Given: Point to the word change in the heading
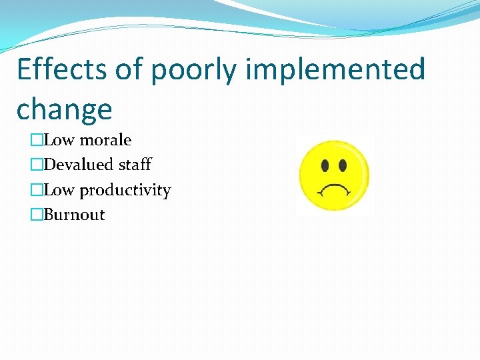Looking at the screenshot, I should tap(64, 109).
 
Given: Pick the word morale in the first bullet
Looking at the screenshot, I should tap(105, 140).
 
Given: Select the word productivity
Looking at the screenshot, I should tap(125, 191).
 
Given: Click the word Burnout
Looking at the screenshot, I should tap(74, 215).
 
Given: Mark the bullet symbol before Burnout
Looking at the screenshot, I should tap(36, 215).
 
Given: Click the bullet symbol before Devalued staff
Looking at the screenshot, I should tap(36, 165).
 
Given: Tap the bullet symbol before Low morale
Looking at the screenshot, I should tap(36, 140).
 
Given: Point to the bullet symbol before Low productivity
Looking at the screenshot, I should tap(36, 191).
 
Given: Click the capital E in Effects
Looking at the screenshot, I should tap(23, 70).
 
